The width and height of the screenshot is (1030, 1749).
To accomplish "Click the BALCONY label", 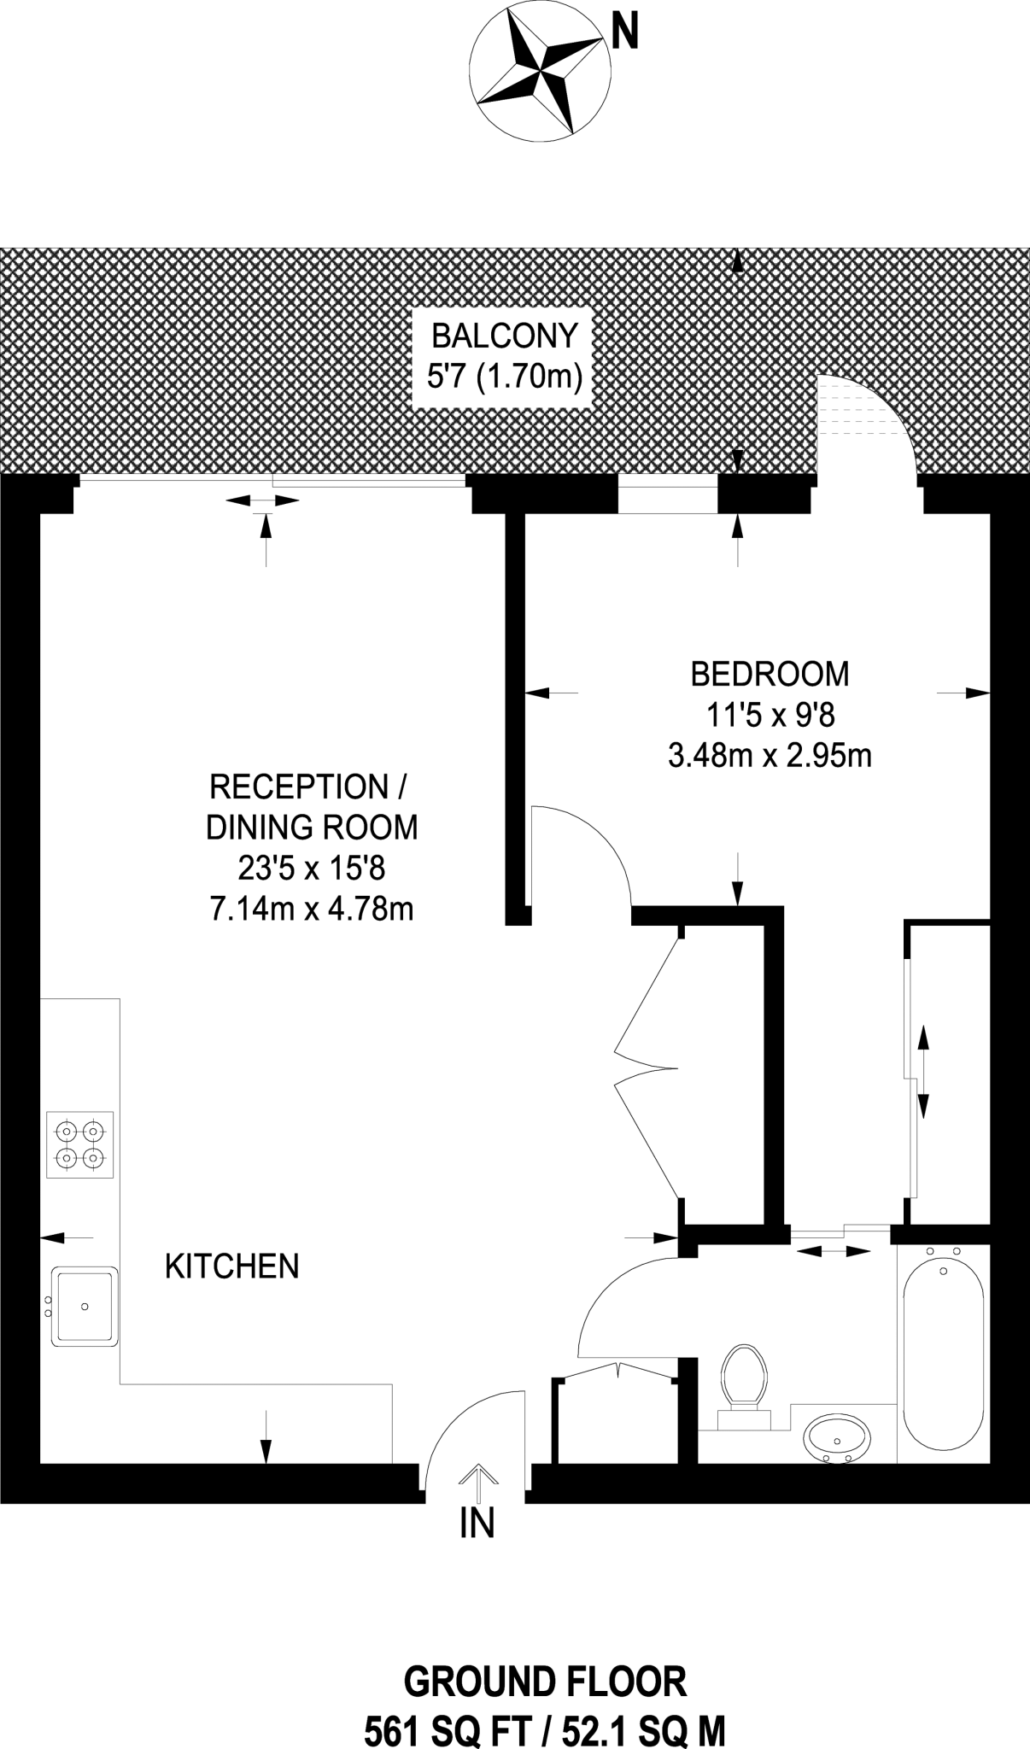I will pyautogui.click(x=505, y=336).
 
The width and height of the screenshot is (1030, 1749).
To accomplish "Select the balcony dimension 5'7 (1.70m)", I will pyautogui.click(x=505, y=376).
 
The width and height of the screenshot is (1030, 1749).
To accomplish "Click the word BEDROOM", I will pyautogui.click(x=770, y=674).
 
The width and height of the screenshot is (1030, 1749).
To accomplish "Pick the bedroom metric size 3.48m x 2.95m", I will pyautogui.click(x=770, y=756).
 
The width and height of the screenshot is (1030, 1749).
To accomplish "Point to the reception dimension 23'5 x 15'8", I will pyautogui.click(x=312, y=869).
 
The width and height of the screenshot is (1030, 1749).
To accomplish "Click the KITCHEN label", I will pyautogui.click(x=231, y=1266).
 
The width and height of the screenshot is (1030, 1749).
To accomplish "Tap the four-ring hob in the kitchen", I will pyautogui.click(x=80, y=1145).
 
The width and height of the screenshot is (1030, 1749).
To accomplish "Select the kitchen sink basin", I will pyautogui.click(x=85, y=1307).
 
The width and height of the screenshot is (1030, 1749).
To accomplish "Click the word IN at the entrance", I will pyautogui.click(x=477, y=1522).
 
